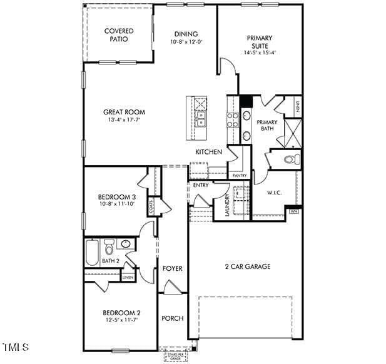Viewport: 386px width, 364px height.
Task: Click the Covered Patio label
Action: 119,35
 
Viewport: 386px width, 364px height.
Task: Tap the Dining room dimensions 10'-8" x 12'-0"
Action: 186,42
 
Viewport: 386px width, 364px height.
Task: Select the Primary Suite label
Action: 260,41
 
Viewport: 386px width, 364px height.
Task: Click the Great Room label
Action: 124,112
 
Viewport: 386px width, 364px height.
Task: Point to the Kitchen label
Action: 208,152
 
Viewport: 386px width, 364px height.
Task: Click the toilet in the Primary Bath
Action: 292,159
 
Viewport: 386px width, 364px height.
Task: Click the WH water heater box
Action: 293,212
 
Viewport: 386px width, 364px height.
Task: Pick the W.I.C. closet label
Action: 275,193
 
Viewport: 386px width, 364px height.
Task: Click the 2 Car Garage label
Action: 248,266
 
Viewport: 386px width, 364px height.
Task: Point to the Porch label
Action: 173,318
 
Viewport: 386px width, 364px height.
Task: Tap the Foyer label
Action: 173,268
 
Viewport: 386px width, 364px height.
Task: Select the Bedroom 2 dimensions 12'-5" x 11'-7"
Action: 122,321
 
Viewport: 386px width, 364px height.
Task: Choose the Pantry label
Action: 240,176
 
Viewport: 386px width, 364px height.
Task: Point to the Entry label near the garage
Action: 201,185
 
